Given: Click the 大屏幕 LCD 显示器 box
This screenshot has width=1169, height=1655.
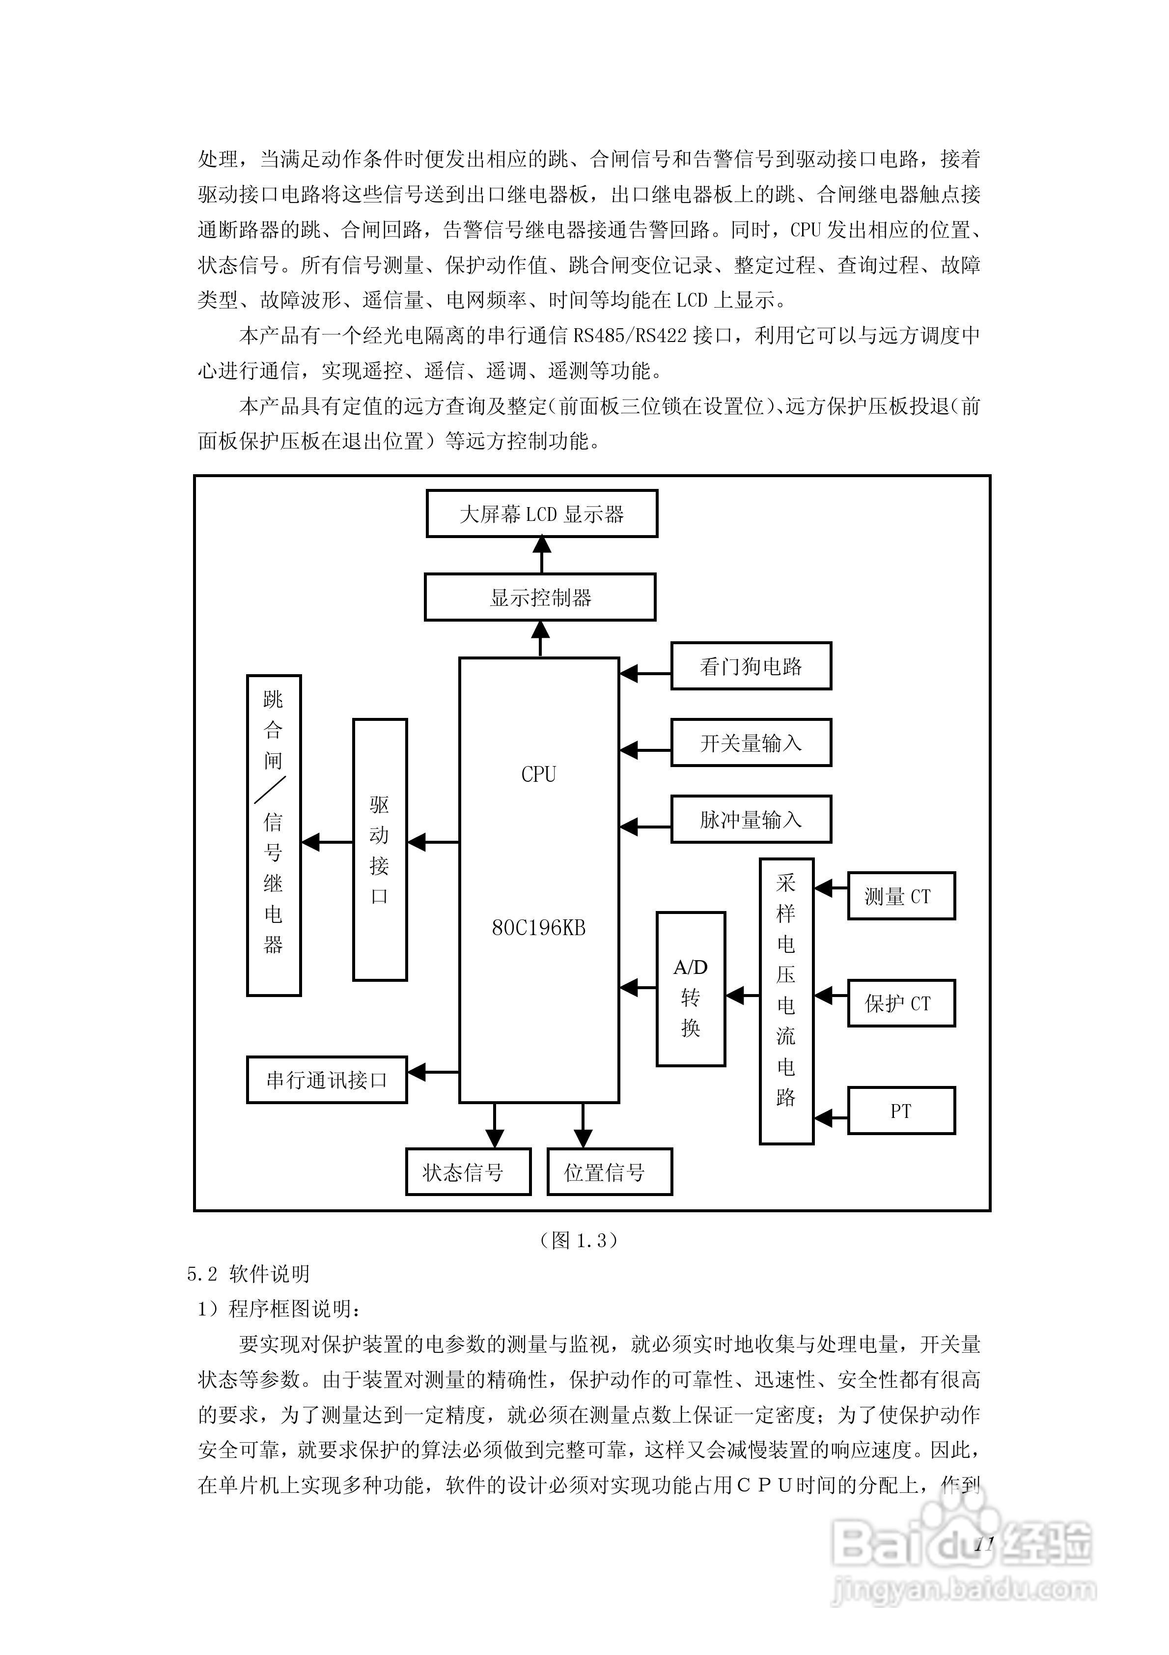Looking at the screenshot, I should click(541, 514).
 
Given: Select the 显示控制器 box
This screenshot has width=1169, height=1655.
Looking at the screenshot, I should click(540, 597).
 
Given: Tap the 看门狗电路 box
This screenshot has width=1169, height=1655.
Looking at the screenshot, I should click(751, 666).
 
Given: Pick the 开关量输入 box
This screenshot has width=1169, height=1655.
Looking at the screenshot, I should click(751, 742).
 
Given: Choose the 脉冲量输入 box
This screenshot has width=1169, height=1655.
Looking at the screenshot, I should click(751, 820).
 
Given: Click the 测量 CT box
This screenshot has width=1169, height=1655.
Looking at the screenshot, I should click(901, 896).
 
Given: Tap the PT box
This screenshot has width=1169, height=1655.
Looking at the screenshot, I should click(901, 1111).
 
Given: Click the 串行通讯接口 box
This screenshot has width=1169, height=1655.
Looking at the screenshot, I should click(327, 1080).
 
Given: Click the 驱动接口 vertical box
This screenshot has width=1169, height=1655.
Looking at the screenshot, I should click(380, 850).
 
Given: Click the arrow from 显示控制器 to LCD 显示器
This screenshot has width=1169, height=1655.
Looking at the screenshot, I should click(541, 555).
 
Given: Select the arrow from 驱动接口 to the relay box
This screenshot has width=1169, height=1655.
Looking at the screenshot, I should click(327, 842).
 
